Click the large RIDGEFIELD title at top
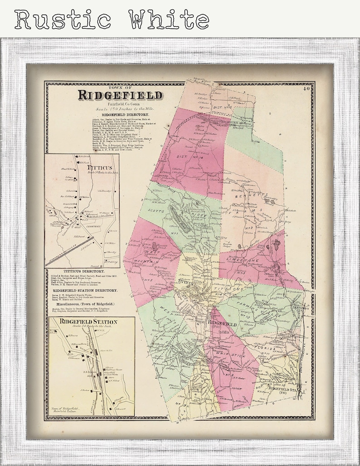pyautogui.click(x=120, y=95)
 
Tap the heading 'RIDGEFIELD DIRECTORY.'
pyautogui.click(x=120, y=115)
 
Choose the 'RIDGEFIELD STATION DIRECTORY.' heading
pyautogui.click(x=85, y=290)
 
